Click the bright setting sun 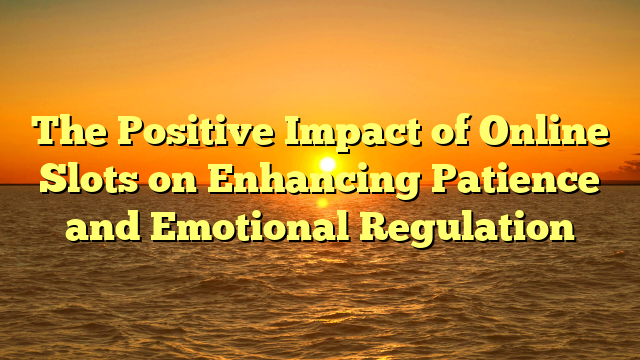pos(327,163)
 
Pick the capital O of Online pos(490,133)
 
